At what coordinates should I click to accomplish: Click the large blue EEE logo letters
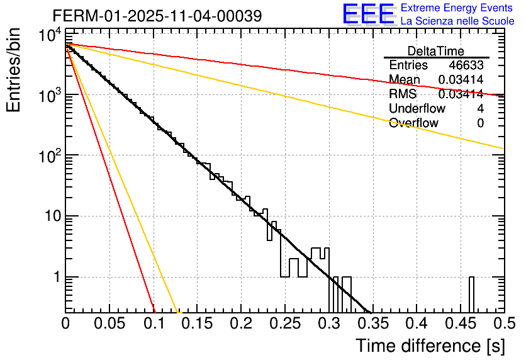(368, 14)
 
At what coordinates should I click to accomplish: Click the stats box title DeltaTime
(436, 51)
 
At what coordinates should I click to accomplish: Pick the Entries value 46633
(466, 65)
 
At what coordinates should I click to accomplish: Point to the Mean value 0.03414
(461, 80)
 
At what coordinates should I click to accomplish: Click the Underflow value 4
(480, 109)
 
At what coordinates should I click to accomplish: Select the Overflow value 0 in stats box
(480, 123)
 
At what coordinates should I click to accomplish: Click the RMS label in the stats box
(403, 94)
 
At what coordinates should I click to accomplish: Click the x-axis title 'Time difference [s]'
(429, 346)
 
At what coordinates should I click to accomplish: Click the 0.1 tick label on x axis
(154, 323)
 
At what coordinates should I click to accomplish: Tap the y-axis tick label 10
(50, 217)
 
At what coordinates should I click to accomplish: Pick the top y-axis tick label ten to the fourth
(48, 36)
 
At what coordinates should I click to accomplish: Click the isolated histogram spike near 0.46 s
(471, 294)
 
